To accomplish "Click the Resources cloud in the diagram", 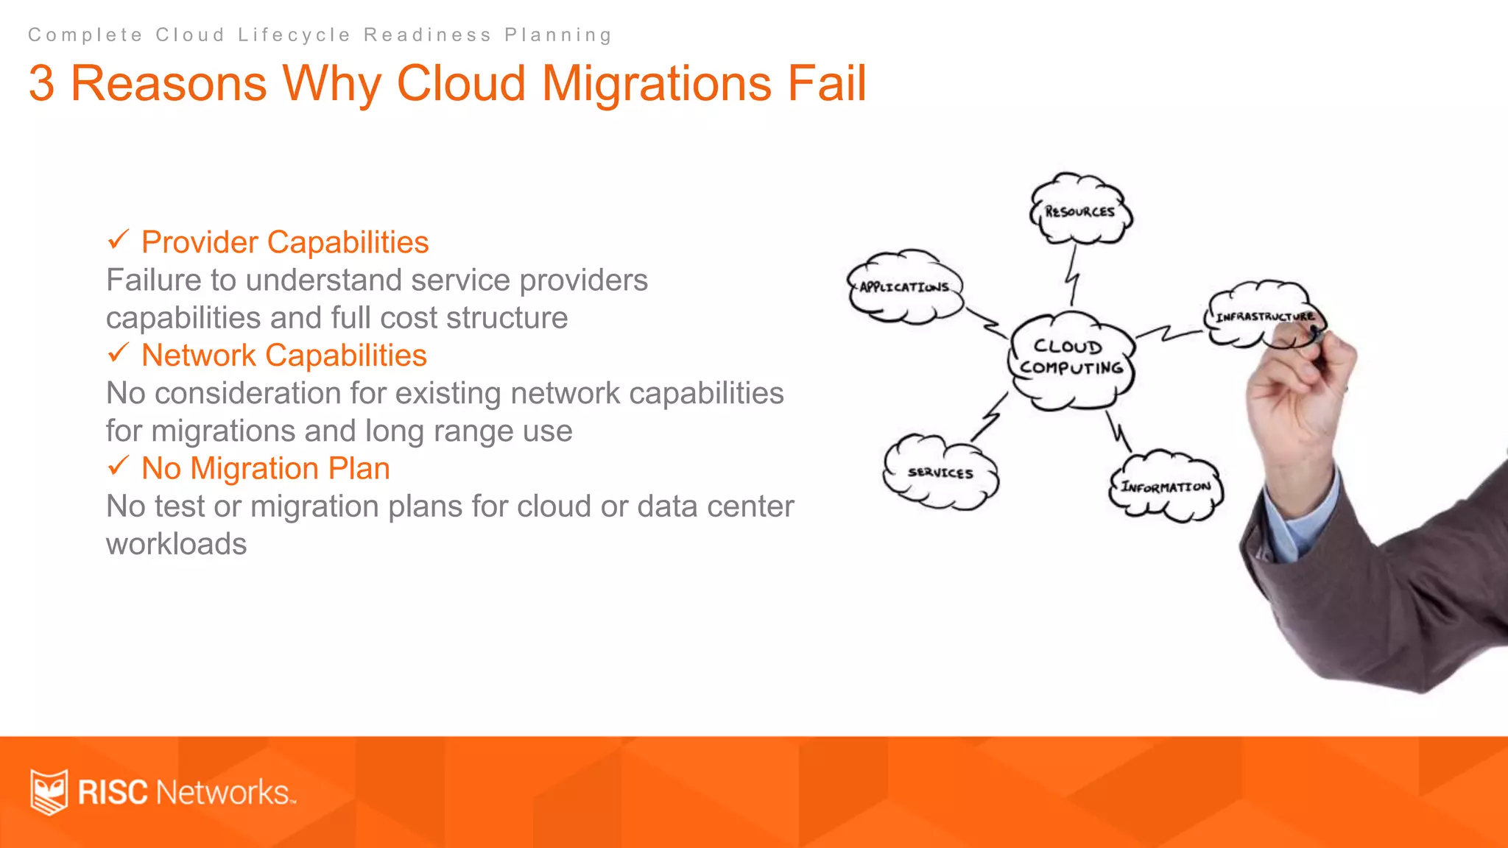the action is pyautogui.click(x=1080, y=211).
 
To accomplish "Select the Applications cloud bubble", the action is pyautogui.click(x=904, y=286).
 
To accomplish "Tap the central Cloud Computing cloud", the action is pyautogui.click(x=1071, y=358).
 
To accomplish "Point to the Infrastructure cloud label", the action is pyautogui.click(x=1264, y=317).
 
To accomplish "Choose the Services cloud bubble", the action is pyautogui.click(x=940, y=472).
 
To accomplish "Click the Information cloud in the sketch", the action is pyautogui.click(x=1166, y=487).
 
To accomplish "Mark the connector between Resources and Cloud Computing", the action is pyautogui.click(x=1074, y=275).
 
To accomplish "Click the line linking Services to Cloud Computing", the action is pyautogui.click(x=990, y=418).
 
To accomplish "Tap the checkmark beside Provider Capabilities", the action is pyautogui.click(x=118, y=239).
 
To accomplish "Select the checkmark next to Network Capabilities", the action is pyautogui.click(x=118, y=353).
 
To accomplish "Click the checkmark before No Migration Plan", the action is pyautogui.click(x=118, y=466).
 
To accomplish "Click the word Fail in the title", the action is pyautogui.click(x=826, y=82).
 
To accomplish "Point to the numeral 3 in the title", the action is pyautogui.click(x=41, y=82).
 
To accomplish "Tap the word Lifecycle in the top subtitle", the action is pyautogui.click(x=294, y=35).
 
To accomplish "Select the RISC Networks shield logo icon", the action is pyautogui.click(x=49, y=791).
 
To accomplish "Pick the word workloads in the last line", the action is pyautogui.click(x=177, y=544).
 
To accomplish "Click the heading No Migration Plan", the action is pyautogui.click(x=265, y=468).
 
